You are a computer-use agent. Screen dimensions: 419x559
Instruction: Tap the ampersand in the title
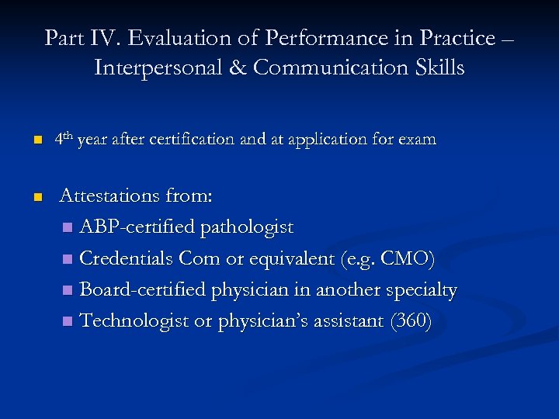238,68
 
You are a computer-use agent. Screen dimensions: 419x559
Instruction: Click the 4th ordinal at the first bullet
64,140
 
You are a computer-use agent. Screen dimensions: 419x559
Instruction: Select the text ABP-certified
137,227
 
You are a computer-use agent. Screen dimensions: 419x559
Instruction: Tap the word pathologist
247,227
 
